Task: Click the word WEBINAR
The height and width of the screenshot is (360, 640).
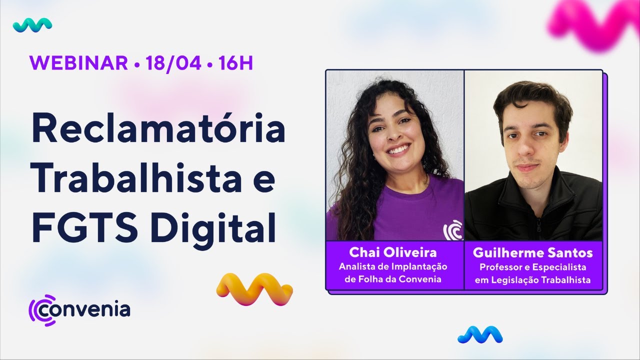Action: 78,63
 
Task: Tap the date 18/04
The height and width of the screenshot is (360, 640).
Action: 173,63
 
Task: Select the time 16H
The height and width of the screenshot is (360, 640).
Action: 235,63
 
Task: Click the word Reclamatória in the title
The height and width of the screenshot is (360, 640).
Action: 158,130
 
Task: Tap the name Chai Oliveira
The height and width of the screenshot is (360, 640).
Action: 393,252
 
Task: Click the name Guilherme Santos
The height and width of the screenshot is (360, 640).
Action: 532,253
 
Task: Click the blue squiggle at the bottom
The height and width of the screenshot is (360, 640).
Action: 480,334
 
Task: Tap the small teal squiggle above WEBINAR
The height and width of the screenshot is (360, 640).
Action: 32,24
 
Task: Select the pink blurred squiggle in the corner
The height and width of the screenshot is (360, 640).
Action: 595,25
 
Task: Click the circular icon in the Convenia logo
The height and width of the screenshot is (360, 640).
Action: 41,309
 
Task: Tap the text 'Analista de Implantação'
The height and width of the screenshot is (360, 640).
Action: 393,267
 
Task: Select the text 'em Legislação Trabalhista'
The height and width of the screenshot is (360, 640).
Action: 532,280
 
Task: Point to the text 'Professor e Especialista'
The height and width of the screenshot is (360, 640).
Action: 532,267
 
